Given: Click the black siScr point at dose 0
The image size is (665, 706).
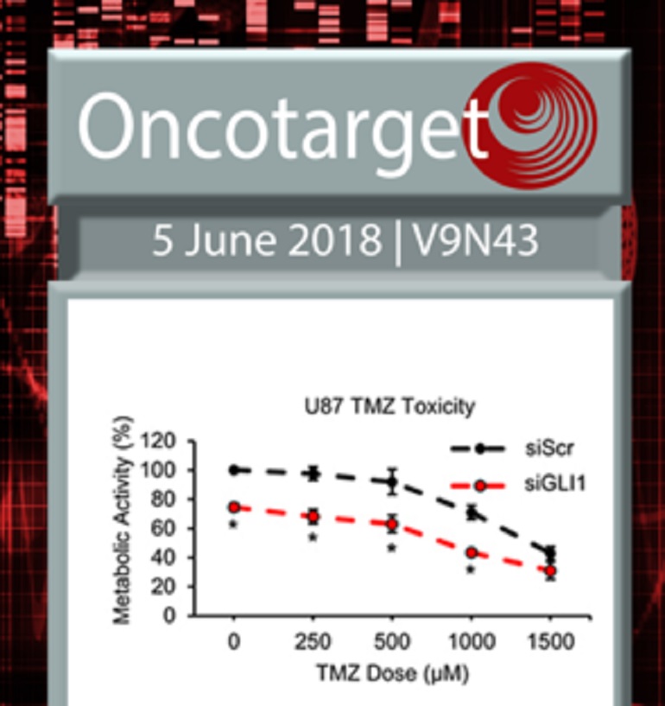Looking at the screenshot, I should click(233, 470).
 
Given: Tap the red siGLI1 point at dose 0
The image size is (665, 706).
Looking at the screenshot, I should click(233, 507).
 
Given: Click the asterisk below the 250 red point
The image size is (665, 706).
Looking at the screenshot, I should click(313, 538).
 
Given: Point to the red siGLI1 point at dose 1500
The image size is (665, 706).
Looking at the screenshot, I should click(550, 571).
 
